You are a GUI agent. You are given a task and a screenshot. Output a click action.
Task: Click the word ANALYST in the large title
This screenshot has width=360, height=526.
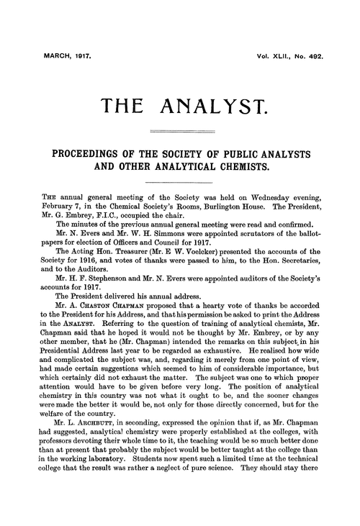pos(217,107)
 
